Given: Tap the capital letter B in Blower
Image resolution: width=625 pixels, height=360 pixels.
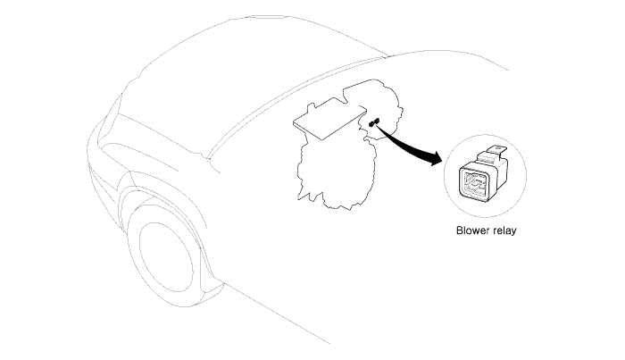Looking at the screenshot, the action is (x=459, y=230).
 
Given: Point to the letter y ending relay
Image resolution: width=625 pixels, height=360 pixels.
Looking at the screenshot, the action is (x=513, y=232).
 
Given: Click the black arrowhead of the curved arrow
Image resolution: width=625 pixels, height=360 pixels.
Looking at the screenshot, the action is (x=437, y=158).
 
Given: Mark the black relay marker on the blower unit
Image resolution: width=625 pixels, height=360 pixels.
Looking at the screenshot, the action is (x=374, y=122).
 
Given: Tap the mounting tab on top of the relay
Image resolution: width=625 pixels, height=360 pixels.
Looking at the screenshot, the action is (x=497, y=152).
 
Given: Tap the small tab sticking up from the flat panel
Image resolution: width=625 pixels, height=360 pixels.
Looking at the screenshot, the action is (x=312, y=107).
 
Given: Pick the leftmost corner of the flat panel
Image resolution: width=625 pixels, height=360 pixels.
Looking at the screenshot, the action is (x=294, y=122).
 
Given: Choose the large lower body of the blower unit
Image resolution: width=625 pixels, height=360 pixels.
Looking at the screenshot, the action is (x=337, y=172).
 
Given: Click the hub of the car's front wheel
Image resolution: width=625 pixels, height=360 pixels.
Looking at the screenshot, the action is (x=165, y=257).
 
